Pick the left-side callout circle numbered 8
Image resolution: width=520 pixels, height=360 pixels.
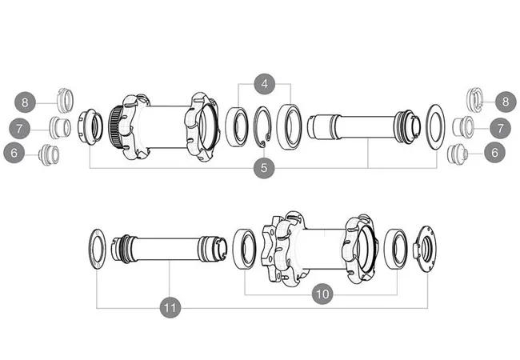click(x=26, y=102)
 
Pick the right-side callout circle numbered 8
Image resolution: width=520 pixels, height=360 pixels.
click(x=506, y=102)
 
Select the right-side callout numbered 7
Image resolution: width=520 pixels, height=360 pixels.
click(x=500, y=127)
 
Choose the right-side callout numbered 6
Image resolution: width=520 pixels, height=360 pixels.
click(x=495, y=151)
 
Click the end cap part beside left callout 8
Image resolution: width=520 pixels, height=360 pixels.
click(x=64, y=100)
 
